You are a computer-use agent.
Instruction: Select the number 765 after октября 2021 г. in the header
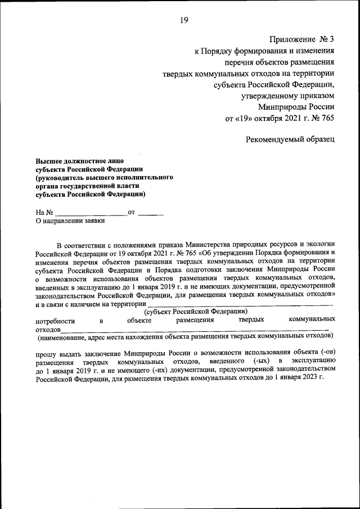(327, 119)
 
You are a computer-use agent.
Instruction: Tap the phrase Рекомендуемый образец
(290, 139)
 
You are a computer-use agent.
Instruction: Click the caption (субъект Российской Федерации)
(196, 311)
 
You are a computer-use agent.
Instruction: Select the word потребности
(55, 320)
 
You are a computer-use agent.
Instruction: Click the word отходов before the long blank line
(48, 329)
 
